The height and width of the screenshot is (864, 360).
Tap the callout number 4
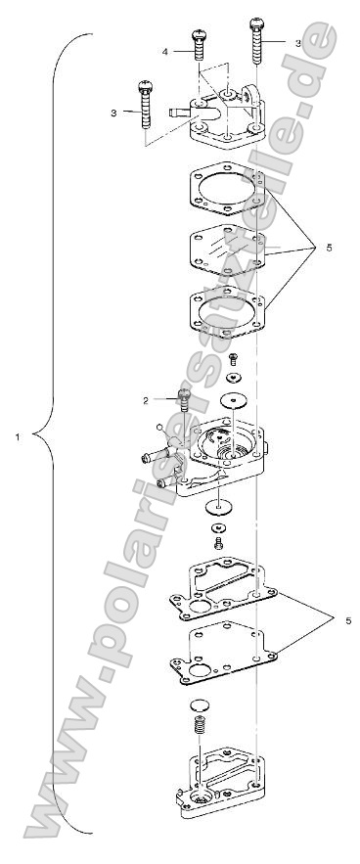point(166,50)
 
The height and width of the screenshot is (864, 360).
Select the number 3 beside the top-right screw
point(298,42)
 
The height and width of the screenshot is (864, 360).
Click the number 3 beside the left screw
point(114,113)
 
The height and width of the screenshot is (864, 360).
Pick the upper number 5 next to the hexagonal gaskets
point(329,248)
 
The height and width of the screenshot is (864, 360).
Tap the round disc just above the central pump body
point(233,400)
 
